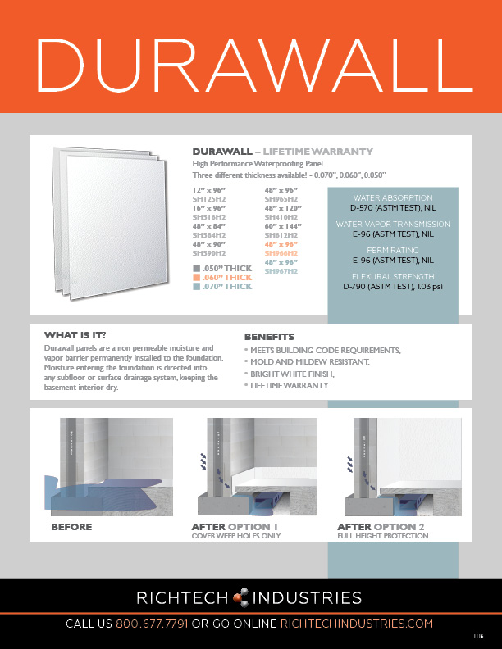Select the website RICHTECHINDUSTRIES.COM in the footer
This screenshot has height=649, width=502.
tap(357, 624)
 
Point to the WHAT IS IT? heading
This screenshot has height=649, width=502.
tap(75, 335)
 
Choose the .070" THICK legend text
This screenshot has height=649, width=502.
tap(226, 287)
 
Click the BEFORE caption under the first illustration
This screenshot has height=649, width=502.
tap(71, 526)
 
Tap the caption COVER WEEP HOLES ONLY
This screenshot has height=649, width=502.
tap(235, 536)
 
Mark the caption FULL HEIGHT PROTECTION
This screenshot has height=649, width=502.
tap(383, 536)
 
